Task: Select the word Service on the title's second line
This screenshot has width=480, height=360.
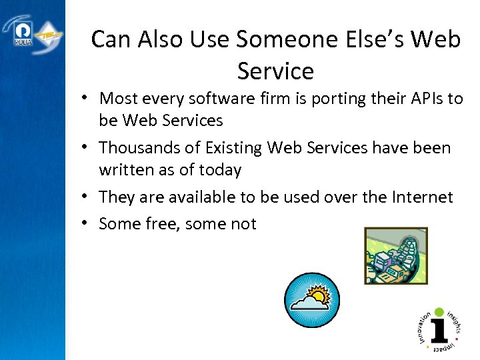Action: (275, 71)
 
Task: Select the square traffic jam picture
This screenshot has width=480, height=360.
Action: (395, 255)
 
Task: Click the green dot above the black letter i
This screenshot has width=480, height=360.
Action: (439, 311)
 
